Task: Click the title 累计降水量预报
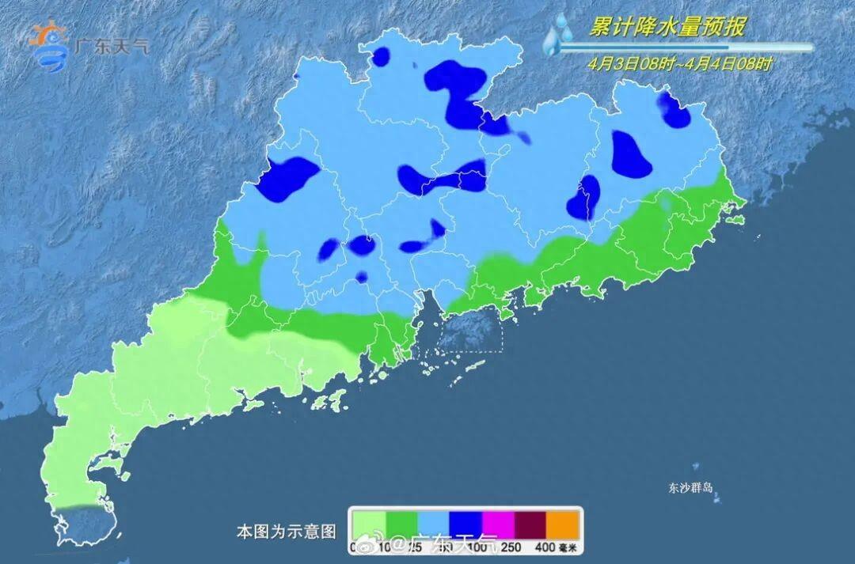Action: [x=667, y=28]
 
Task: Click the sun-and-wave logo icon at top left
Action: [x=50, y=46]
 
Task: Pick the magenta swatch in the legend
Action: [x=498, y=524]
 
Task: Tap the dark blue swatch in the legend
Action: [x=465, y=524]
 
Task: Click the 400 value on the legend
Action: [x=543, y=547]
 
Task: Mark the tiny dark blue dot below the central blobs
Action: [x=361, y=277]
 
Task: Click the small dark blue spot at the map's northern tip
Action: [x=382, y=56]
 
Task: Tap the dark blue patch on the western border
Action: [x=287, y=176]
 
